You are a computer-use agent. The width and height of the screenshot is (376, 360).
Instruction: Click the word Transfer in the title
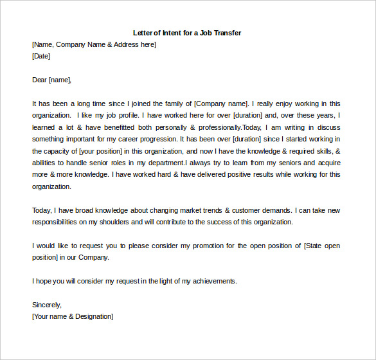click(x=226, y=32)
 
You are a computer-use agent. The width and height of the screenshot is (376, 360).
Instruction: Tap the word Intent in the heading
click(x=171, y=32)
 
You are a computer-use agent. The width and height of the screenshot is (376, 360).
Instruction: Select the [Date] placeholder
click(x=41, y=56)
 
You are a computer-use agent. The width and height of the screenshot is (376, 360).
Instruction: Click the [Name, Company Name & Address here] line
click(x=94, y=44)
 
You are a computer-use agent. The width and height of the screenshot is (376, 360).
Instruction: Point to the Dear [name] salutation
click(x=51, y=80)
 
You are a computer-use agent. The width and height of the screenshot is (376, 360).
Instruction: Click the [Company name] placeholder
click(x=220, y=104)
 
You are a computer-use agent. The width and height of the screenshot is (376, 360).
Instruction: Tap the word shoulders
click(x=109, y=222)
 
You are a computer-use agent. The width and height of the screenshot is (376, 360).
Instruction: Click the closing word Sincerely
click(x=46, y=305)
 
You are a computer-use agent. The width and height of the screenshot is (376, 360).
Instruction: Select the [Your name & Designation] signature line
click(x=72, y=316)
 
